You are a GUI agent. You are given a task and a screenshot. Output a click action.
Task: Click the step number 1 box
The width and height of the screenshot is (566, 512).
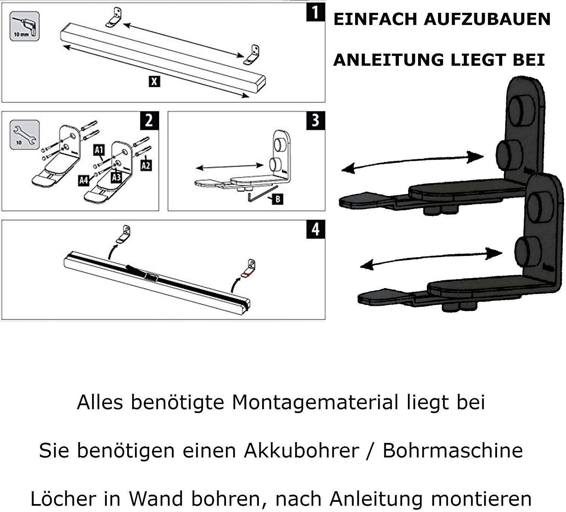pos(316,12)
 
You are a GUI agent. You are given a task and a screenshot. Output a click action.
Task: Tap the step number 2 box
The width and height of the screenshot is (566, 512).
pos(149,120)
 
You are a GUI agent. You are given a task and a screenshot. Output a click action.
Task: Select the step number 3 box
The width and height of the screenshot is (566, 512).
pos(316,120)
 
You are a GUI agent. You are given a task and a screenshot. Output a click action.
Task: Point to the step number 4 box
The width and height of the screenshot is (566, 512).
pos(316,229)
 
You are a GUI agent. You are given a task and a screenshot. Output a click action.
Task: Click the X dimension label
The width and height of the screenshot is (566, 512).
pos(154,82)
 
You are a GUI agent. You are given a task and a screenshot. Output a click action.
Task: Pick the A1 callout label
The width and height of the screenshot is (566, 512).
pos(99,150)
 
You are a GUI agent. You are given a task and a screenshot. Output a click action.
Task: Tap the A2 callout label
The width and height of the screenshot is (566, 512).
pos(146,165)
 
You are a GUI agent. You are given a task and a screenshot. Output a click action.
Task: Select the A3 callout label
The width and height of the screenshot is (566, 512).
pos(116,177)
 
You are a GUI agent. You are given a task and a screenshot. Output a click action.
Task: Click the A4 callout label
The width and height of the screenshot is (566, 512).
pos(83,180)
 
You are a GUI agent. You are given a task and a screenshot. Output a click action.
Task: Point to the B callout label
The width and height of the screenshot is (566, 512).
pos(278,199)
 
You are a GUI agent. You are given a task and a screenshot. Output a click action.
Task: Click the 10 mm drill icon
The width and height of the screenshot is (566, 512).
pos(25,26)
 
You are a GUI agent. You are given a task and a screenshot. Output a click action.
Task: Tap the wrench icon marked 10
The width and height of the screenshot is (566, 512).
pos(25,135)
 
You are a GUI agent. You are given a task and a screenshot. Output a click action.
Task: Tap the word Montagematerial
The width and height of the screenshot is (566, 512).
pos(315,402)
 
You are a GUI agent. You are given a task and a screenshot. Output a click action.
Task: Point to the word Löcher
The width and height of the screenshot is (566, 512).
pos(63,498)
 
